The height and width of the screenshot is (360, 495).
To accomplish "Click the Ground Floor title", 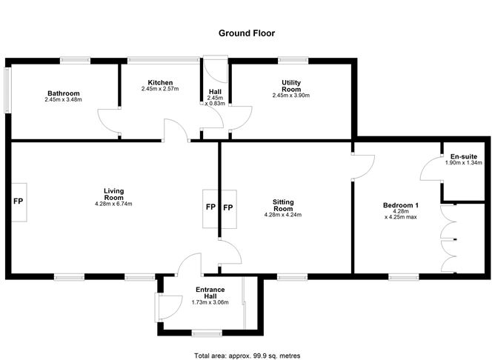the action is [247, 33].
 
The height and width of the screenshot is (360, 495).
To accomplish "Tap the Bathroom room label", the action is [64, 93].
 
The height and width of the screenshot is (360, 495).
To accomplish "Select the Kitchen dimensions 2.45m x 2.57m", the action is [160, 89].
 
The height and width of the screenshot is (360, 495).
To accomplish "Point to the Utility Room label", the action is [291, 86].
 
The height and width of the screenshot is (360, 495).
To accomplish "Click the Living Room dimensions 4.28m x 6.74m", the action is [113, 204].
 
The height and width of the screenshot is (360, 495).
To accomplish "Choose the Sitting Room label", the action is [283, 205].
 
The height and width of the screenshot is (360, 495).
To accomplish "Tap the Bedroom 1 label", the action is [401, 205].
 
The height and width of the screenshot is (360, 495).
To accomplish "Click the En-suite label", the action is [464, 156].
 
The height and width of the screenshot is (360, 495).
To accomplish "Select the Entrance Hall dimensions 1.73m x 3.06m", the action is [210, 302].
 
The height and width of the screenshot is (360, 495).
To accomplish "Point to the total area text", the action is [247, 356].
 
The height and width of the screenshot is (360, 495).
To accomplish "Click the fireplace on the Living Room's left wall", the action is [19, 202].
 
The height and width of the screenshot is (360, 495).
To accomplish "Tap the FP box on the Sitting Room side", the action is [228, 209].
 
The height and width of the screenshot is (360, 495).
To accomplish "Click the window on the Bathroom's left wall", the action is [7, 90].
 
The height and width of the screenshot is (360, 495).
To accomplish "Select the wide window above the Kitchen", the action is [164, 60].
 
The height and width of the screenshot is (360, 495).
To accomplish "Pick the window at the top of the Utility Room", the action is [293, 60].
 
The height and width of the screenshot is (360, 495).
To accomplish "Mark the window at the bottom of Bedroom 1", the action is [404, 277].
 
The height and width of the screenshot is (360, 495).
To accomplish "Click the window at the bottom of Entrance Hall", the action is [207, 333].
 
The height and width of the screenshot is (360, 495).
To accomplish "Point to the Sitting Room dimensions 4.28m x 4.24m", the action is [283, 215].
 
